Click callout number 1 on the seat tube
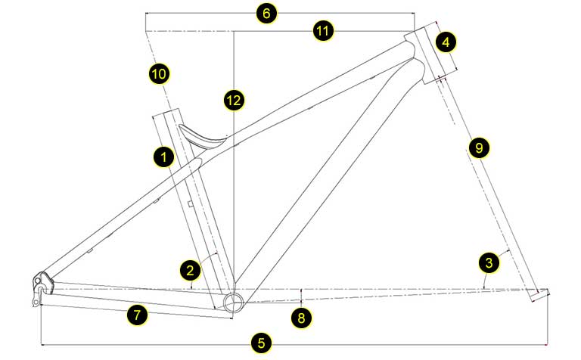162,157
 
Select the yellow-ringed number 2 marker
190,268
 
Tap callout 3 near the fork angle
489,262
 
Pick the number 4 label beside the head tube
446,42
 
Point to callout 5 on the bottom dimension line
262,343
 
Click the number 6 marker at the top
267,14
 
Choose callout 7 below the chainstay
137,316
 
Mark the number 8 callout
301,317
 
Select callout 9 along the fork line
476,148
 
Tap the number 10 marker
159,73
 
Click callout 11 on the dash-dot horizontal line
324,31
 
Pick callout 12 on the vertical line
234,98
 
